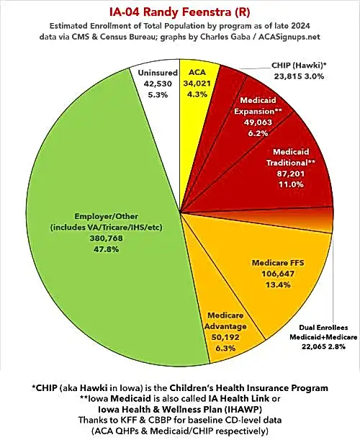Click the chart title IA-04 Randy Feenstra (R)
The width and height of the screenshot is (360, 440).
[x=180, y=12]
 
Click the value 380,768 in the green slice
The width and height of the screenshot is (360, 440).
[x=107, y=238]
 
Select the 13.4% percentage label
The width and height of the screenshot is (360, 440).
[x=278, y=285]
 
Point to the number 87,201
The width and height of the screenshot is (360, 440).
[x=291, y=174]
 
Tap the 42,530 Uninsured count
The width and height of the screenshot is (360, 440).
[x=158, y=84]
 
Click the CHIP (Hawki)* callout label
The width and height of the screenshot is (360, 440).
[x=299, y=66]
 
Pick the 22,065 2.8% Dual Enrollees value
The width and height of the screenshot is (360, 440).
[x=323, y=346]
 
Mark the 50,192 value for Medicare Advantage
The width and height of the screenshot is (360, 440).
[x=225, y=337]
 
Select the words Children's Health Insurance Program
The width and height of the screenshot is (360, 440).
[x=248, y=388]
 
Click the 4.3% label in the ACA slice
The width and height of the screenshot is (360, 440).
[x=197, y=94]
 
